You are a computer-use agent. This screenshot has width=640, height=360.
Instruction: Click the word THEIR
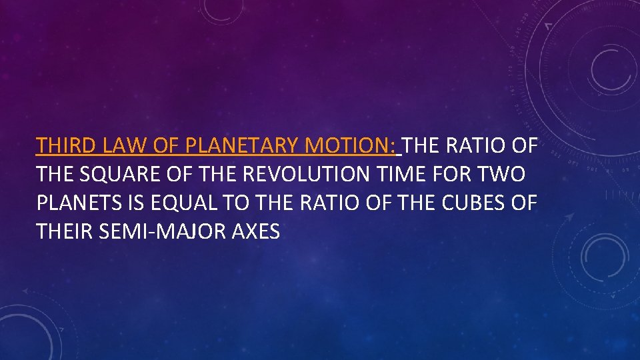tap(63, 232)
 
